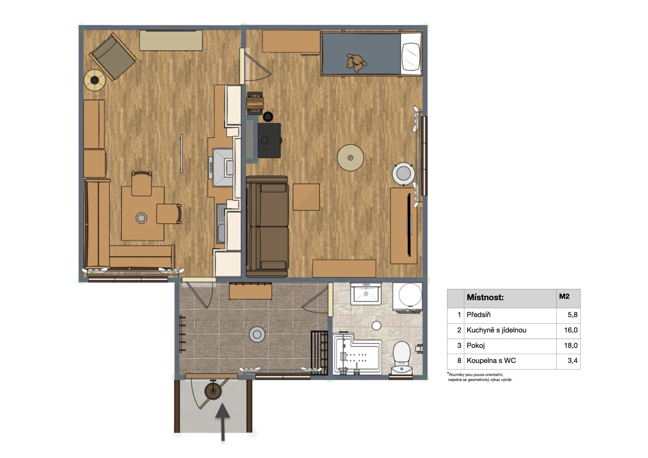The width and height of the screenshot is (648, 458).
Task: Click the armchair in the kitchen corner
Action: pyautogui.click(x=113, y=56)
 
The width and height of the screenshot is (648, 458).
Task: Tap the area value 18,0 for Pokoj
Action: pyautogui.click(x=571, y=345)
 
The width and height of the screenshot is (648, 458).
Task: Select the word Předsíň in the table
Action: pyautogui.click(x=478, y=315)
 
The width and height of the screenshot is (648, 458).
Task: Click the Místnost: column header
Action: pyautogui.click(x=485, y=297)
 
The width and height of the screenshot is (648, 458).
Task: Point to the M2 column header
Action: pyautogui.click(x=564, y=296)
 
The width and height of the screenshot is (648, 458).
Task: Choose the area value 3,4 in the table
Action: pyautogui.click(x=572, y=361)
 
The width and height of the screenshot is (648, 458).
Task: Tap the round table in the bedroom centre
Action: pyautogui.click(x=350, y=157)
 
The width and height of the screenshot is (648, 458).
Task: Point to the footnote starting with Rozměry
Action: pyautogui.click(x=480, y=377)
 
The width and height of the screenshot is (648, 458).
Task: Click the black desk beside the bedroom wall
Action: pyautogui.click(x=269, y=140)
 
